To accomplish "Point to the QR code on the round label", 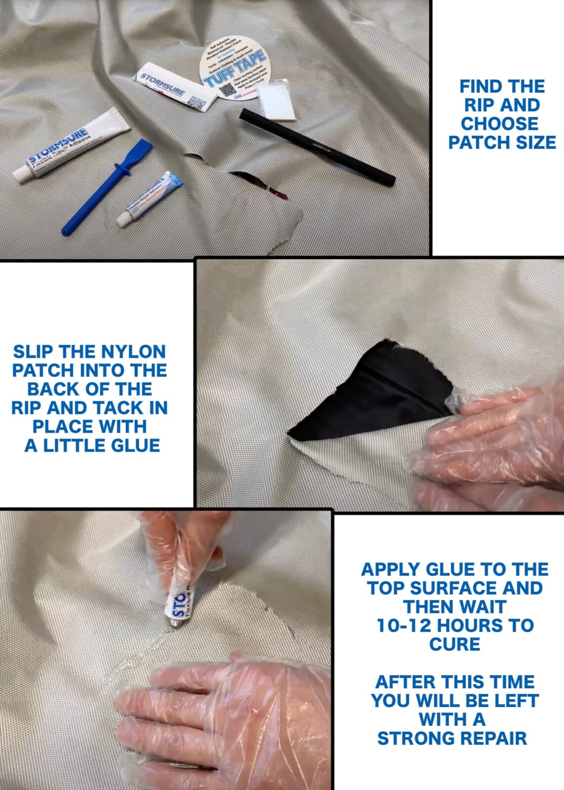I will click(226, 90).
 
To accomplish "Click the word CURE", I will click(454, 644).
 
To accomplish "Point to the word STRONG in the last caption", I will click(415, 738).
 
